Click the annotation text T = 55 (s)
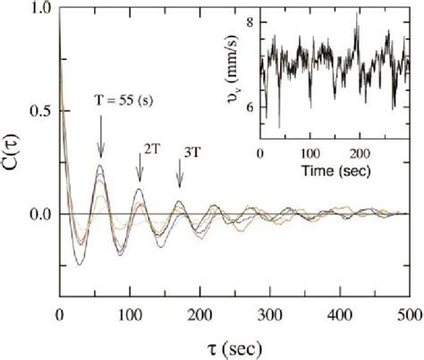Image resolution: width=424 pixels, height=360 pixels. pos(127,100)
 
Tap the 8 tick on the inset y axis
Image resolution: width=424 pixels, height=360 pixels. pos(251,21)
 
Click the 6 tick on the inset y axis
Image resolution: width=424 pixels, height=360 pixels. pos(251,107)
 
